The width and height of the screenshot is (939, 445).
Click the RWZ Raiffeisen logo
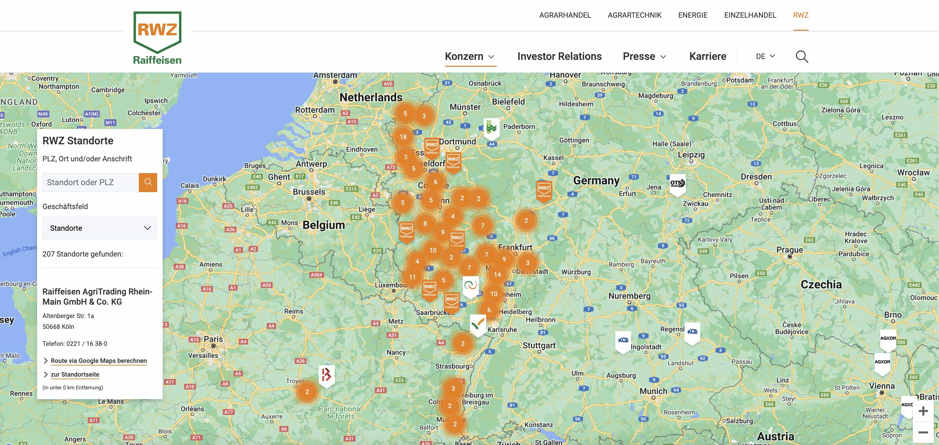(x=157, y=38)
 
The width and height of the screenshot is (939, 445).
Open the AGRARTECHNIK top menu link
(x=634, y=15)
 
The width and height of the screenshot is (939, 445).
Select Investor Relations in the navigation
(x=559, y=57)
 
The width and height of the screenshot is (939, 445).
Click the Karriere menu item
(x=708, y=57)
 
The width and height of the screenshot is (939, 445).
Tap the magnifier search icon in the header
(x=801, y=57)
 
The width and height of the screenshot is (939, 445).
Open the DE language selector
(x=765, y=57)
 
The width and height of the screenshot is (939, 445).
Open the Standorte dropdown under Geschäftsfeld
(x=100, y=228)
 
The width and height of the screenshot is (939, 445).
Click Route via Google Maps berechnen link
(x=99, y=361)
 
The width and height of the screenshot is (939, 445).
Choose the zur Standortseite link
(x=75, y=374)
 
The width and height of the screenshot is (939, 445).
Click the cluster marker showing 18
(x=403, y=137)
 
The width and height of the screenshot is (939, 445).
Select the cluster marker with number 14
(x=497, y=275)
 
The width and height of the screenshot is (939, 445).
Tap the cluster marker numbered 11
(x=412, y=277)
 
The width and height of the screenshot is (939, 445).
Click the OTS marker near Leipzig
(x=677, y=183)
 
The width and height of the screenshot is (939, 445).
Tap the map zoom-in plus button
(x=923, y=411)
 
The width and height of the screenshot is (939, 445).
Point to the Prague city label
(x=790, y=250)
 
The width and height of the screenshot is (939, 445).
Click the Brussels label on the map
(x=309, y=192)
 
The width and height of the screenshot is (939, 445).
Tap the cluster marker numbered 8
(x=425, y=223)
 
